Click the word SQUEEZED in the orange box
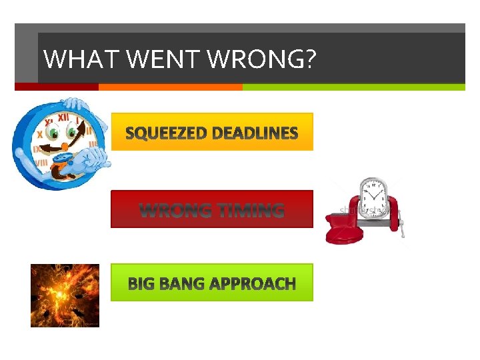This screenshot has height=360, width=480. click(165, 133)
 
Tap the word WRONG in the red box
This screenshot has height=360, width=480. click(174, 211)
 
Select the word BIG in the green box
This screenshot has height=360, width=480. click(141, 284)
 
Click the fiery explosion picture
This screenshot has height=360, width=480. click(65, 295)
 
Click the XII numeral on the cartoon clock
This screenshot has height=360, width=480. click(64, 117)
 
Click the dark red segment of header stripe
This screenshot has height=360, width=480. click(57, 87)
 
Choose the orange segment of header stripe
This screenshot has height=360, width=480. click(170, 87)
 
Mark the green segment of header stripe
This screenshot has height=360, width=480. click(353, 87)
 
